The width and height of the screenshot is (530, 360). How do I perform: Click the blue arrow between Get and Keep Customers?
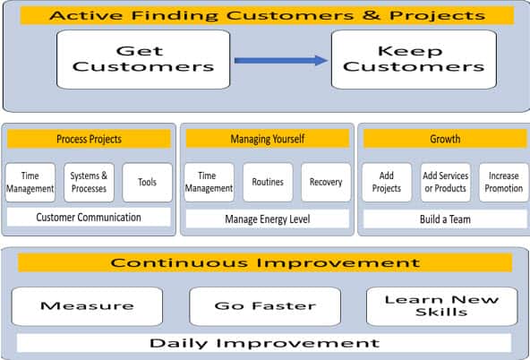281,61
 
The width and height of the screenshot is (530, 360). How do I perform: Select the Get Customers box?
143,59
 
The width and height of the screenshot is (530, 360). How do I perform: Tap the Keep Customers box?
414,59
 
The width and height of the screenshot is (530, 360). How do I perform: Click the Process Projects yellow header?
89,139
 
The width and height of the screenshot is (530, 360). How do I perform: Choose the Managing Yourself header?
268,139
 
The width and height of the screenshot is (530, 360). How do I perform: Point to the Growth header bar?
445,139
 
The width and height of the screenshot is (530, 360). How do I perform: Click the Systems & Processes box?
89,183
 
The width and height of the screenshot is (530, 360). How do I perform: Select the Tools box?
148,183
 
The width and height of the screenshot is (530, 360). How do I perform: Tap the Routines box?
268,183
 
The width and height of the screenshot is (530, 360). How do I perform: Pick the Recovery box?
326,183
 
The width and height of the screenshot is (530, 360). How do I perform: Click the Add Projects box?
387,183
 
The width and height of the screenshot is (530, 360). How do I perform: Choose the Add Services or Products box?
446,183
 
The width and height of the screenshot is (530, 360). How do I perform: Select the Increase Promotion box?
504,183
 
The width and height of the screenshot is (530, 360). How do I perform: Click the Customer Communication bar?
89,217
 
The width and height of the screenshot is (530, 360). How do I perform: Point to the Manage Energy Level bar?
268,219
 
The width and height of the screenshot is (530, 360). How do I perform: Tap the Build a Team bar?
445,219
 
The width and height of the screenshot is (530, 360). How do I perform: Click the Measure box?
87,306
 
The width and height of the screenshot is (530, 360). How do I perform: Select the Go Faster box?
265,306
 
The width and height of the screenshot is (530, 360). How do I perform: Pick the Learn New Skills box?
442,306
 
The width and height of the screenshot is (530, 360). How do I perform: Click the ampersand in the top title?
372,15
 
